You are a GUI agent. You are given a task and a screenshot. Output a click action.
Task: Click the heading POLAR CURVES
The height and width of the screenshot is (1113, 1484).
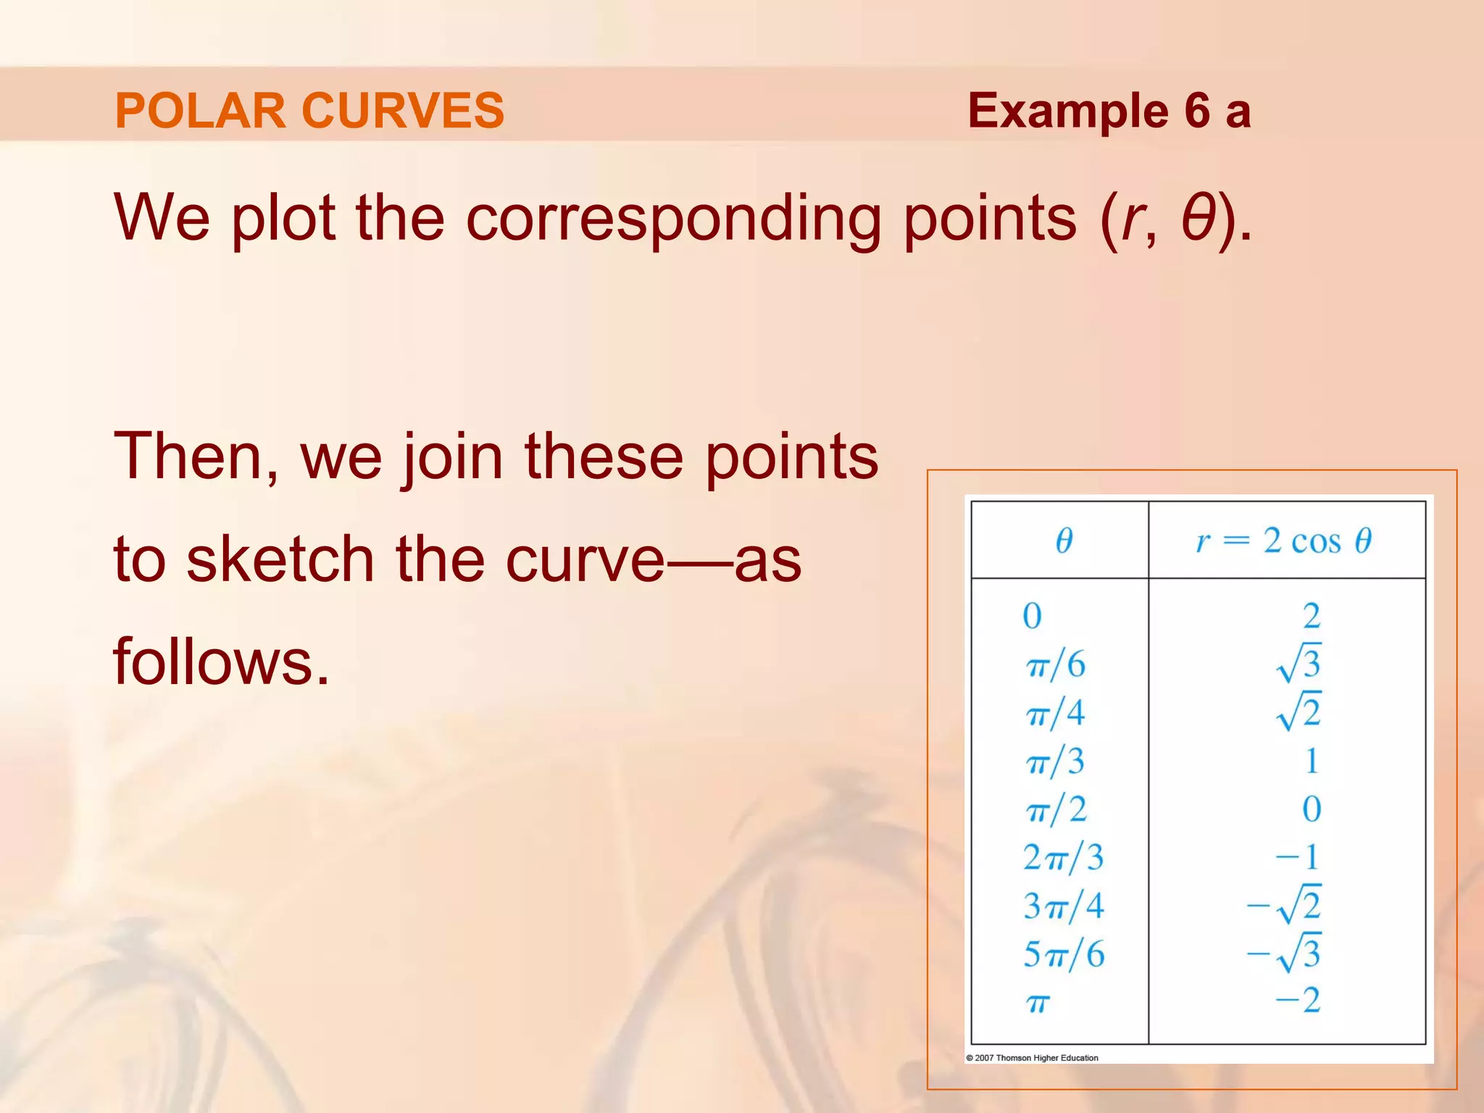[x=309, y=111]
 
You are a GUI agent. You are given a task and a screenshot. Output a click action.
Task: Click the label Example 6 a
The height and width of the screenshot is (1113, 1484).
[x=1109, y=111]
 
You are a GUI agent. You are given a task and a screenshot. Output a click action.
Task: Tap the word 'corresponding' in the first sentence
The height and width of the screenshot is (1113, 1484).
[x=673, y=218]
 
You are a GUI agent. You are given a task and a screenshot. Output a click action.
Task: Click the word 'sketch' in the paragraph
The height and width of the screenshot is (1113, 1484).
[x=280, y=559]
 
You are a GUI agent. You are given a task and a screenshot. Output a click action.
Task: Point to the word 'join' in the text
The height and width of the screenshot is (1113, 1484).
[x=453, y=457]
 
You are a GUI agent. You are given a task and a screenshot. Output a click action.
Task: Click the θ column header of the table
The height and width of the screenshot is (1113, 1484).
[x=1063, y=541]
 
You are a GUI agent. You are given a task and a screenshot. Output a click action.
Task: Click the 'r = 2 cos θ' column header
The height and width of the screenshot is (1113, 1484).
[x=1283, y=541]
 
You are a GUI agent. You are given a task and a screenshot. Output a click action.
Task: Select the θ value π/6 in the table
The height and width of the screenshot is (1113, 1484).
[x=1056, y=664]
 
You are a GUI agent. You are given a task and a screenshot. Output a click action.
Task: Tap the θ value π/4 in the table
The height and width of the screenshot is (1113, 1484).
[x=1056, y=713]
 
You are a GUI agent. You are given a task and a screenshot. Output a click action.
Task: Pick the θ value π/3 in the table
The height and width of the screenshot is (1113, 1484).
[x=1056, y=762]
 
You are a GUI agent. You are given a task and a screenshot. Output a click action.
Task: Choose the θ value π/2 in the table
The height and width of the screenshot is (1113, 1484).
[x=1056, y=809]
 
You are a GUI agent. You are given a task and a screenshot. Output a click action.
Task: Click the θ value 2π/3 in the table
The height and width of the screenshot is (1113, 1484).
[x=1063, y=858]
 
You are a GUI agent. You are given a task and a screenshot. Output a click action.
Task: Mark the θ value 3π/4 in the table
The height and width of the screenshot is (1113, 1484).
[x=1063, y=906]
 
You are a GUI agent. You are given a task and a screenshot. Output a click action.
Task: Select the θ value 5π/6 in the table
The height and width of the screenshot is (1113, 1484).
[x=1063, y=954]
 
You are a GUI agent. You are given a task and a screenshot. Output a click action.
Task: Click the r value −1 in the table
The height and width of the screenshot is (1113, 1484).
[x=1298, y=857]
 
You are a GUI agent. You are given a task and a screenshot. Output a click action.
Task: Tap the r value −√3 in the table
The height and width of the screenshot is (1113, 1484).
[x=1284, y=954]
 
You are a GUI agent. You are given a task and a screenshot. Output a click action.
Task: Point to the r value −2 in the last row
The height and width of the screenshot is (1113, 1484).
[x=1298, y=1001]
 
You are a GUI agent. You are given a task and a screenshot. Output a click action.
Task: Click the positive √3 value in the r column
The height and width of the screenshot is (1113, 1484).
[x=1298, y=663]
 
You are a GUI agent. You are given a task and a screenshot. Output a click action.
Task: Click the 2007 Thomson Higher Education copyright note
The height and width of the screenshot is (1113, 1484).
[x=1032, y=1058]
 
